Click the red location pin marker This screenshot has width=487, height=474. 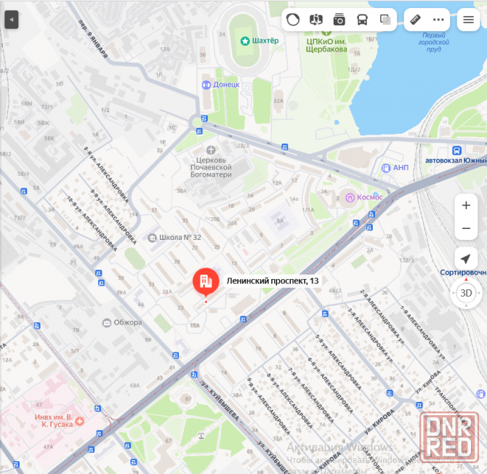click(205, 281)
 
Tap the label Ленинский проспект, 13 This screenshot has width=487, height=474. click(273, 281)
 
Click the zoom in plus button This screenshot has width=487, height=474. click(466, 206)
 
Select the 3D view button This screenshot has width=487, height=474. click(466, 294)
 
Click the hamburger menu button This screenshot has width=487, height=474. click(469, 20)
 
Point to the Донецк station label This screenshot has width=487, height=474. click(226, 84)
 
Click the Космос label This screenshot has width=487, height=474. click(368, 197)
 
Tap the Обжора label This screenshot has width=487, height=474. click(127, 322)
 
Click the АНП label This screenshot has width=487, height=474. click(401, 168)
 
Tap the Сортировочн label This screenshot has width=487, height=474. click(463, 273)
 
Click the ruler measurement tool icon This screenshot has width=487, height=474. click(415, 20)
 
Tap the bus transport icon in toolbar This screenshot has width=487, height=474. click(362, 20)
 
